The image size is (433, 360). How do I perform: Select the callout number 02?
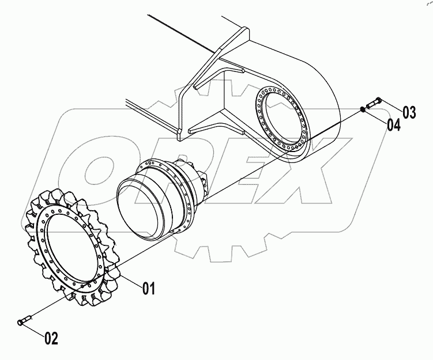tap(51, 339)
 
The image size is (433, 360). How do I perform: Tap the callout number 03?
tap(409, 112)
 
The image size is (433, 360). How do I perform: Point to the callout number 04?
tap(394, 124)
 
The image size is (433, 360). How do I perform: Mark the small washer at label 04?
tap(363, 109)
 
